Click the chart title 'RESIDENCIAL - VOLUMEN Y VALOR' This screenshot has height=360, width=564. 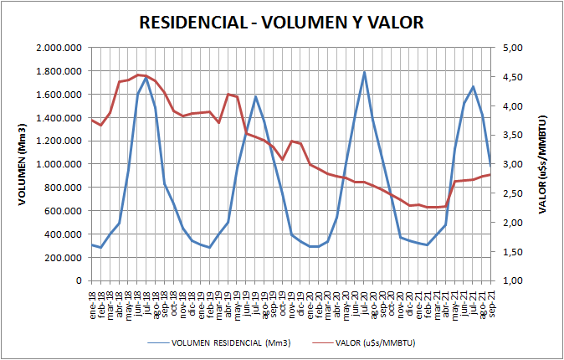click(x=281, y=23)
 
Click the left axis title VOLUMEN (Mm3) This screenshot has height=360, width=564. click(x=23, y=164)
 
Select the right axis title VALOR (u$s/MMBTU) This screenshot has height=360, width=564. click(x=544, y=164)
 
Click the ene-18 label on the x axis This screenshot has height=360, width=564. click(x=93, y=296)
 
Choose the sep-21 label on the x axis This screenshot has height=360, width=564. click(x=490, y=296)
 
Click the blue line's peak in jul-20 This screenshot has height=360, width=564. click(x=365, y=72)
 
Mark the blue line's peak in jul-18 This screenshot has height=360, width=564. click(x=147, y=78)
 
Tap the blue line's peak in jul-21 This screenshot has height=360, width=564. click(x=473, y=86)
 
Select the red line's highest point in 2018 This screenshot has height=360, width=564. click(x=139, y=75)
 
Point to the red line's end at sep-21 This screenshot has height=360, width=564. click(x=490, y=174)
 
